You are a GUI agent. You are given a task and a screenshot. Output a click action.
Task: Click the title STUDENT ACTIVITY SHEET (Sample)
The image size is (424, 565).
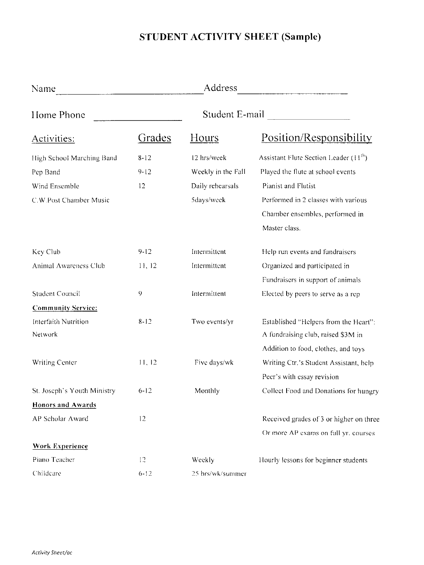(x=230, y=37)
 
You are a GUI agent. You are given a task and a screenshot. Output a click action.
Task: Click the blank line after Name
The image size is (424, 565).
(x=130, y=93)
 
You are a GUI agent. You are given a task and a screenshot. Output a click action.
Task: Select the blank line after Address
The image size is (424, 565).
(x=292, y=93)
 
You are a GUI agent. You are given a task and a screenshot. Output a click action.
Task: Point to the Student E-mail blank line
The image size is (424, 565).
(x=309, y=118)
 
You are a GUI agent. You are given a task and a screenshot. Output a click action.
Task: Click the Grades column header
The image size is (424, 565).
(x=155, y=138)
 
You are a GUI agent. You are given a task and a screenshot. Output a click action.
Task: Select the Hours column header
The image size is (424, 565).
(x=204, y=138)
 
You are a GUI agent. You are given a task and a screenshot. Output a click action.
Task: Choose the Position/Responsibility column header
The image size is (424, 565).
(x=316, y=138)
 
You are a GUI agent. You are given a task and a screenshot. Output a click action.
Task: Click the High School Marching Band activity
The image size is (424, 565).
(x=75, y=158)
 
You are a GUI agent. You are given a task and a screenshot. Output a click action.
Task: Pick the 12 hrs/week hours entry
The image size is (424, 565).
(x=209, y=158)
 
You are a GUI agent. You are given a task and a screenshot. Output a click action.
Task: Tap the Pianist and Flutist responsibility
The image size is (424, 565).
(x=289, y=186)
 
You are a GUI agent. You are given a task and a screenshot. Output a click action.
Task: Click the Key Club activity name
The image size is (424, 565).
(x=46, y=252)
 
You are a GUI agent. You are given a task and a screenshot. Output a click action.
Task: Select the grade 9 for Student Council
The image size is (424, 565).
(x=140, y=293)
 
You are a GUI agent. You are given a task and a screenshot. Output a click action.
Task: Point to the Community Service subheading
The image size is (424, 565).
(x=65, y=308)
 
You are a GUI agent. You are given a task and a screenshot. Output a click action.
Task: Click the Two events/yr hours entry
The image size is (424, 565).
(x=212, y=322)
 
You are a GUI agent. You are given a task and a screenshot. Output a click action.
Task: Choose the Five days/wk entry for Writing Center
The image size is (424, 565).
(x=214, y=363)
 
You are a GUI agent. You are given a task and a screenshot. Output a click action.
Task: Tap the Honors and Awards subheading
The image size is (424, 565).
(x=64, y=405)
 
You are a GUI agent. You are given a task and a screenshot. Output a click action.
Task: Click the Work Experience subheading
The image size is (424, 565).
(x=60, y=446)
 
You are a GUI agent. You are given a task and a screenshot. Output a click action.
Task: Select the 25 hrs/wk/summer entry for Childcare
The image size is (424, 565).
(x=219, y=474)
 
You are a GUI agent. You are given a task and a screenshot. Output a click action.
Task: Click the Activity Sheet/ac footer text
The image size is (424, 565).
(x=52, y=553)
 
